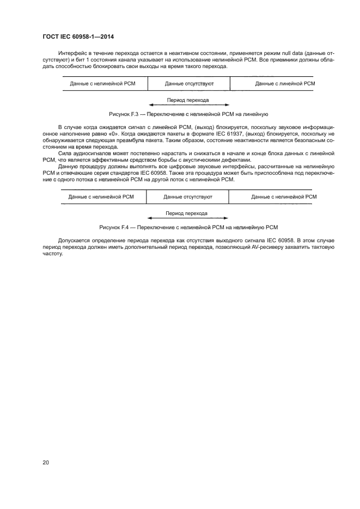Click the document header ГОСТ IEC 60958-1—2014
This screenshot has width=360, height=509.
pos(79,37)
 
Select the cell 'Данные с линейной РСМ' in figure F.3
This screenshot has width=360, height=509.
pos(285,84)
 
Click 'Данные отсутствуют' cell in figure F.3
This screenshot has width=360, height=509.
pos(189,84)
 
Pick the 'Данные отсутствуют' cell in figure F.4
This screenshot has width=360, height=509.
pos(188,196)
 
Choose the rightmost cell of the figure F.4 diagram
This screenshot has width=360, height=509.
pos(283,196)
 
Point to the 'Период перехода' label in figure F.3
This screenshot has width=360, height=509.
pos(188,100)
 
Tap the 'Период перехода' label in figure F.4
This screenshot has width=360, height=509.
pos(188,213)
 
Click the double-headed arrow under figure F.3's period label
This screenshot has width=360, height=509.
pos(188,106)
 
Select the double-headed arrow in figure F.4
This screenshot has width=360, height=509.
pos(188,218)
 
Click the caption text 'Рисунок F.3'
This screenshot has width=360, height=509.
pos(125,114)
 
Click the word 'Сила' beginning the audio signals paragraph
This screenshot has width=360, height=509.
pos(63,154)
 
